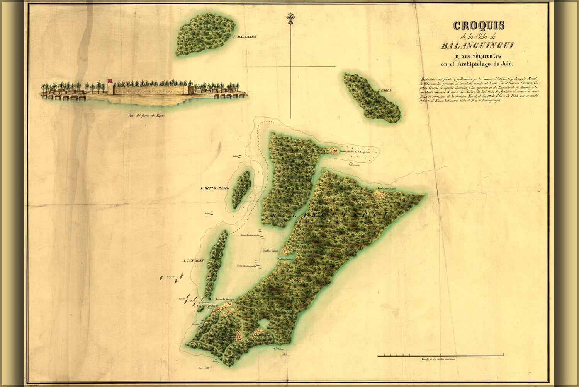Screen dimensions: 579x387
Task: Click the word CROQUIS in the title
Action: pos(479,26)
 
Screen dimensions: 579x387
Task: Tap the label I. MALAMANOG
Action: pos(246,37)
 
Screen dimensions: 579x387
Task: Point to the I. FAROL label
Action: pos(384,91)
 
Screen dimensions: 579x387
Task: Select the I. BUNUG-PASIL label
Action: pos(214,188)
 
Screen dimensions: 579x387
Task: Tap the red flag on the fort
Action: pos(110,80)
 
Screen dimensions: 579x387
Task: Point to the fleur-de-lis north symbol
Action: pos(290,19)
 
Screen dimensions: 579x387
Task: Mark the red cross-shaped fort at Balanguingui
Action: pos(336,150)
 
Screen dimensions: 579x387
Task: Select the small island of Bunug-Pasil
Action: pos(241,190)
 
